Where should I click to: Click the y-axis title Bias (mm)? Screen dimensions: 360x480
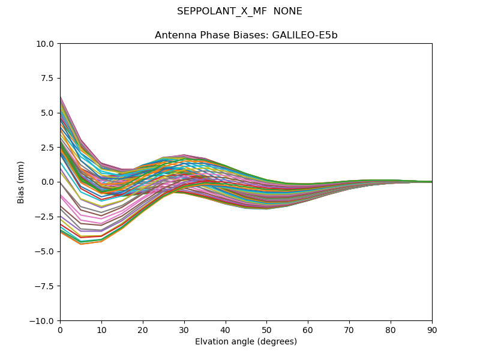21,182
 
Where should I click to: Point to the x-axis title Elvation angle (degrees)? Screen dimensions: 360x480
246,342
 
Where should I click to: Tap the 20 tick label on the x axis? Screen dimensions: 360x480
143,330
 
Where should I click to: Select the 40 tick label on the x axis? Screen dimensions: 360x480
226,330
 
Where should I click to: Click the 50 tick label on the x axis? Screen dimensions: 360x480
266,330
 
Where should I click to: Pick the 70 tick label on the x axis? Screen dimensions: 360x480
349,330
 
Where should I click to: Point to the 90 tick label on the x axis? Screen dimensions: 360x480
432,330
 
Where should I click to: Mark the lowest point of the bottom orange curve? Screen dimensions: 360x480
81,244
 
